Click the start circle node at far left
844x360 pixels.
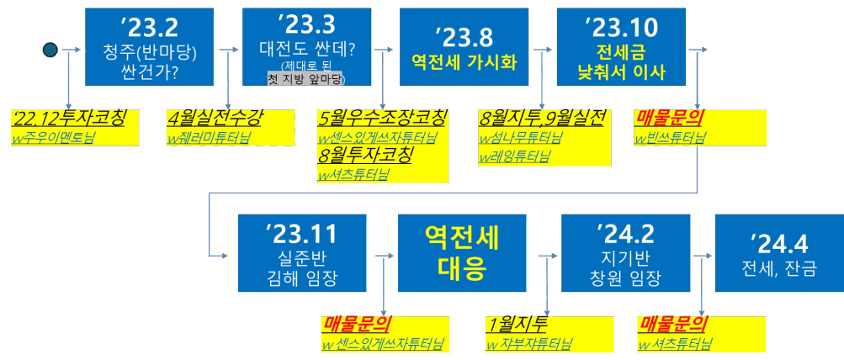pos(50,49)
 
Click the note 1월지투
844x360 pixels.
pos(518,324)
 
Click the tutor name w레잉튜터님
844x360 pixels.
pos(514,156)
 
